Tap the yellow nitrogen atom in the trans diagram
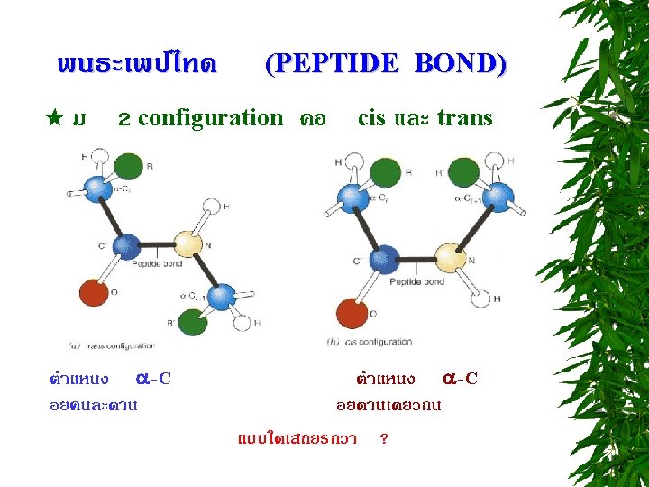coord(187,243)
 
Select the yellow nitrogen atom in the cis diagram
coord(452,257)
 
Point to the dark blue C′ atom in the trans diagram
coord(129,245)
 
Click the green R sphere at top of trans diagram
coord(129,167)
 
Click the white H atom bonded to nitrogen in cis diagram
coord(481,298)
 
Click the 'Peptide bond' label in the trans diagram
coord(157,264)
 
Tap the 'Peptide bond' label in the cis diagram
coord(416,282)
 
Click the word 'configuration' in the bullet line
coord(210,118)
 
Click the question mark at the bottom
coord(385,439)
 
